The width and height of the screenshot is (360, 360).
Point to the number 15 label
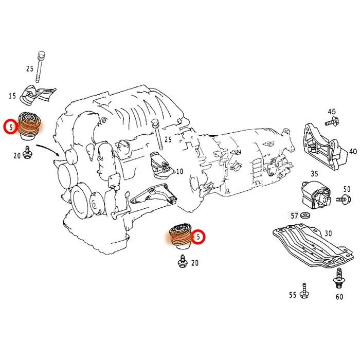12,96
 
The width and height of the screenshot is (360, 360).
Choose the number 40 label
352,152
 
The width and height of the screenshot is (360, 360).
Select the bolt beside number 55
305,292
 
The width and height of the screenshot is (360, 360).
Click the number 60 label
339,297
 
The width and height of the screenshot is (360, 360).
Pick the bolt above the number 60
338,278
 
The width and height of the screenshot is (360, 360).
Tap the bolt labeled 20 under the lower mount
181,263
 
